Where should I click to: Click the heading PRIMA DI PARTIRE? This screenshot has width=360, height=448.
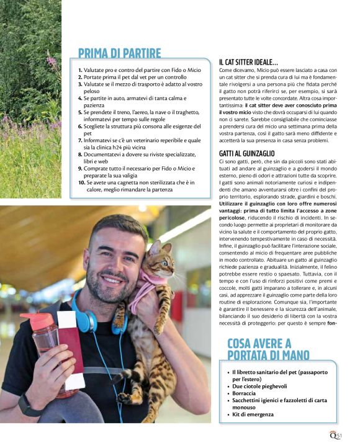(x=119, y=53)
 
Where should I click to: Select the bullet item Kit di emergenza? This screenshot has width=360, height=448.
(x=254, y=414)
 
